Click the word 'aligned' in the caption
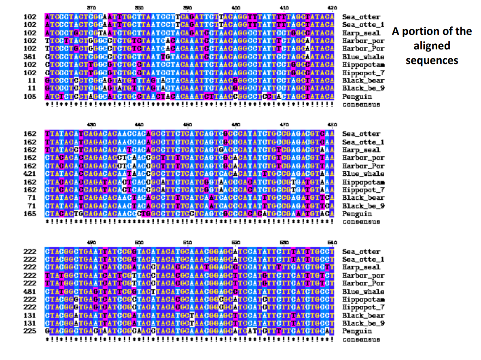432,46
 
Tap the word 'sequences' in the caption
432,60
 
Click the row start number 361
31,57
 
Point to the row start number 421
31,174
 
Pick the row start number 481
31,291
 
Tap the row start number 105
31,96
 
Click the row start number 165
31,213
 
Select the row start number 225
31,331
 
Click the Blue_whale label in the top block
363,57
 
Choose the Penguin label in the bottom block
356,331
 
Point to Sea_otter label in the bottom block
361,251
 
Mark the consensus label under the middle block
361,222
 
